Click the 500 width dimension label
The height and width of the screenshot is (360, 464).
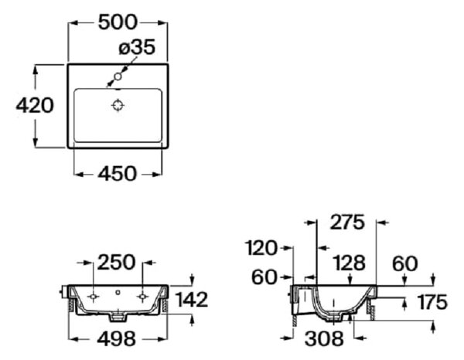click(118, 22)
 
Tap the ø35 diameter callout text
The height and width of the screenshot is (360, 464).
click(137, 46)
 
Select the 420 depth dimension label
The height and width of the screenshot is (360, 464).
click(35, 105)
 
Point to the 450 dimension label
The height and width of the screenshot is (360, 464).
click(118, 174)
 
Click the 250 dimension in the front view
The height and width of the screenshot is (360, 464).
click(116, 263)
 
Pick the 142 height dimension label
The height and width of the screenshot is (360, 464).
click(193, 300)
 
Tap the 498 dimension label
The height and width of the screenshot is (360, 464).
click(117, 338)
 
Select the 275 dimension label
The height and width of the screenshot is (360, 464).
click(347, 222)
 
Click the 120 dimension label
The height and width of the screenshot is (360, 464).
click(261, 248)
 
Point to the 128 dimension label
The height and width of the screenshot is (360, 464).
click(350, 263)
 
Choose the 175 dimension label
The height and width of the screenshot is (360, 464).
click(432, 302)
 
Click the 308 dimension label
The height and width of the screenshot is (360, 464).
click(324, 338)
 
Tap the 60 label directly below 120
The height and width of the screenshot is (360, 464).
click(264, 277)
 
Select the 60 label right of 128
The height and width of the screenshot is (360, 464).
click(404, 264)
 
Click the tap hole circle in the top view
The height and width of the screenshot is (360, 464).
click(118, 76)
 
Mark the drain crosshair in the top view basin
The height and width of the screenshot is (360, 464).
click(118, 105)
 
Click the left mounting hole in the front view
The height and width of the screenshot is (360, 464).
click(93, 297)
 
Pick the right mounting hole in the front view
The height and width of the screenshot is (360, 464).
click(142, 297)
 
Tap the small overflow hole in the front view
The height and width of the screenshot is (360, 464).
click(118, 292)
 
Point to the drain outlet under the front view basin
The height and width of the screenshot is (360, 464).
click(118, 317)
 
